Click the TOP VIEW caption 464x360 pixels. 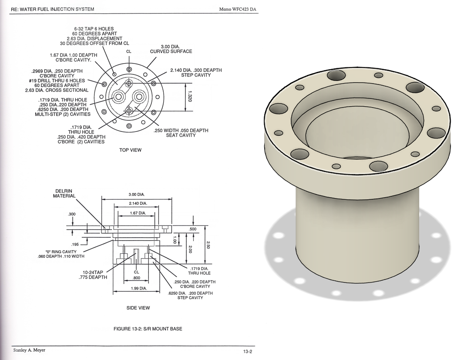coord(130,150)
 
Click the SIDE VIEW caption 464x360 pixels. coord(138,308)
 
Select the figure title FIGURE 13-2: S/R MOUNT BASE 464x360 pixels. coord(148,329)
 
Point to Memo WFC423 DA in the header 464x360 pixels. coord(240,9)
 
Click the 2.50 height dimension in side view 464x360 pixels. coord(208,245)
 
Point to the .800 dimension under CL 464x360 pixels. coord(136,277)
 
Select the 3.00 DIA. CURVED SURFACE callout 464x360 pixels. coord(171,49)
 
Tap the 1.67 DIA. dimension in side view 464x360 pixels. coord(138,213)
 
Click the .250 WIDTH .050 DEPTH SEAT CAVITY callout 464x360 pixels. coord(181,133)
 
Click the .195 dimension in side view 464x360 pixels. coord(75,244)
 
